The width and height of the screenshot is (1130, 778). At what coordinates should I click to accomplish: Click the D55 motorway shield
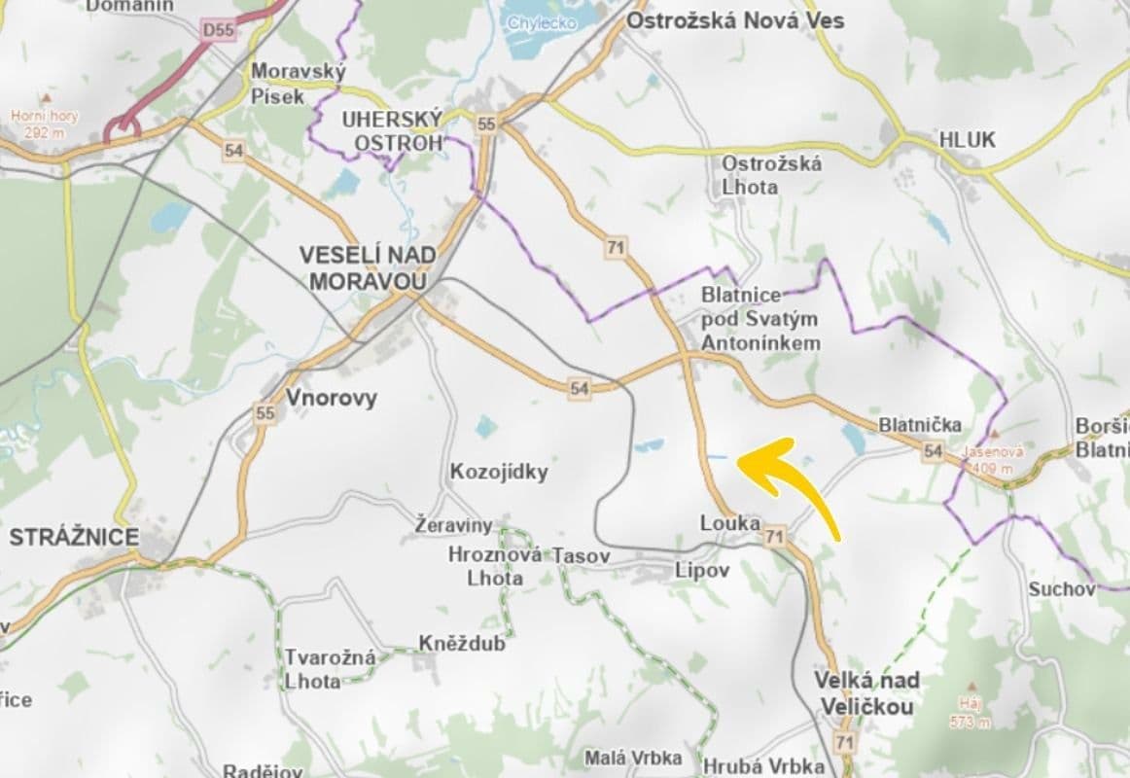point(219,31)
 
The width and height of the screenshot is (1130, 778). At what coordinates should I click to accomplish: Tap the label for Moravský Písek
point(286,83)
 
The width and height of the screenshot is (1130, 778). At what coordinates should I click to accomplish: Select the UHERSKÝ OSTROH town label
point(392,130)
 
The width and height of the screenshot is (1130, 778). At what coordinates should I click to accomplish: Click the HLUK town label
point(967,140)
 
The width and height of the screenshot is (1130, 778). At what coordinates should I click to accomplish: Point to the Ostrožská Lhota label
point(771,174)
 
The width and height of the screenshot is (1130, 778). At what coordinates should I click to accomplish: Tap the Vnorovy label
point(331,398)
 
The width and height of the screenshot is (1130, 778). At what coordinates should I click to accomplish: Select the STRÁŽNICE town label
point(74,537)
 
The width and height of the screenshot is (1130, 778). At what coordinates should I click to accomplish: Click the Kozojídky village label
point(499,473)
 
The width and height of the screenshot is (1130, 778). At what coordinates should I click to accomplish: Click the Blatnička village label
point(919,425)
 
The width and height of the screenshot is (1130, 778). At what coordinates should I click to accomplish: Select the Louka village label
point(729,523)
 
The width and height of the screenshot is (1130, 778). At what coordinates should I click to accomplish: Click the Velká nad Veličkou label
point(866,692)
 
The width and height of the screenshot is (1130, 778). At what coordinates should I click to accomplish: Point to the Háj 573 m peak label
point(970,713)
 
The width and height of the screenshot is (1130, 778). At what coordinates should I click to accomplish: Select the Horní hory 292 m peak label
point(44,122)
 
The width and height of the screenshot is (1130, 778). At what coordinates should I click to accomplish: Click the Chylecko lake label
point(542,22)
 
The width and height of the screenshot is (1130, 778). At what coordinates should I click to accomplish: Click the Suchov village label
point(1061,588)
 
